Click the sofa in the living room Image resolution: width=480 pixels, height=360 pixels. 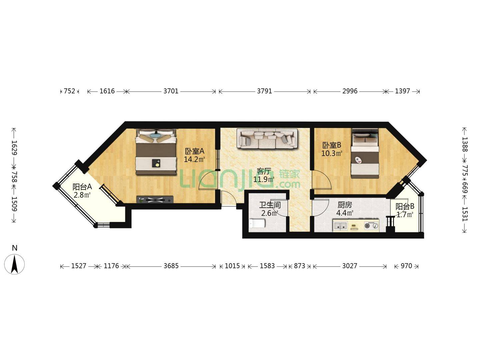coord(267,139)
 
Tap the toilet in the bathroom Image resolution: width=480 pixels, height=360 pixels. coord(257,223)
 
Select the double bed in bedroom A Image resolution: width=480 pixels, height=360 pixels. coord(156,152)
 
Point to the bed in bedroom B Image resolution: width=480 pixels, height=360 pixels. coord(365,153)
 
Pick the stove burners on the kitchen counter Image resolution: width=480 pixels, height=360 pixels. coord(371,225)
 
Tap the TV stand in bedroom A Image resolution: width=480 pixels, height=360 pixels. coord(155,199)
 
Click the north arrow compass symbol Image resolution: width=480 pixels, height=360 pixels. coord(14,264)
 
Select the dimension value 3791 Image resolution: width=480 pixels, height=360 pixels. coord(264,91)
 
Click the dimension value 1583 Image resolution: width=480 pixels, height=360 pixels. coord(267,266)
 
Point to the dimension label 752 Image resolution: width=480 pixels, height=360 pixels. coord(69,91)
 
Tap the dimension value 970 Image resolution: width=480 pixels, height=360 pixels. coord(406,266)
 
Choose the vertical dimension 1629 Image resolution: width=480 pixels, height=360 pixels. coord(14,148)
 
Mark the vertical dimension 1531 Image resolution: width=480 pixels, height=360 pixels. coord(464,214)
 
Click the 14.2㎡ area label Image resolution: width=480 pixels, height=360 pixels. coord(194,159)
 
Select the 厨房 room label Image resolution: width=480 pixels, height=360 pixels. coord(345,205)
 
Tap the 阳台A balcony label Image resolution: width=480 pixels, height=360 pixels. coord(82,187)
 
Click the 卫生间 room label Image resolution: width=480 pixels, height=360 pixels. coord(270,205)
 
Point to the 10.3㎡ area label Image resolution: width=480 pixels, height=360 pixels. coord(332,153)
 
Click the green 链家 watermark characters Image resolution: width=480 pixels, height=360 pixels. coord(289,174)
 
